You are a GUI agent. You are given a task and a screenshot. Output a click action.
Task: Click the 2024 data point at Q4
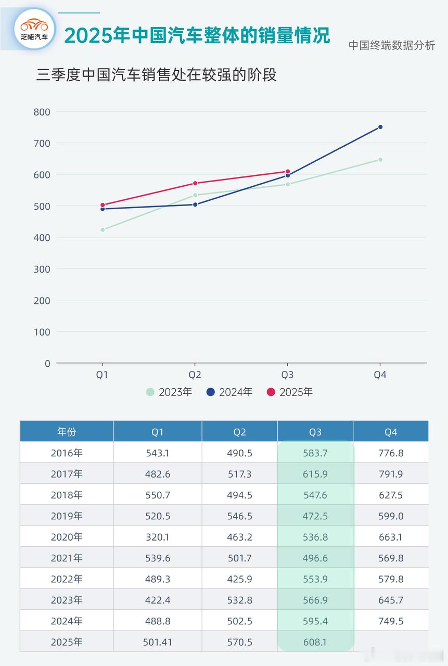[x=380, y=127]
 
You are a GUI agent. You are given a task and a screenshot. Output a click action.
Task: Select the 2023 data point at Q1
[x=103, y=229]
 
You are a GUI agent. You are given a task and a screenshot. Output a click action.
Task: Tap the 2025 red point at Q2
[x=195, y=183]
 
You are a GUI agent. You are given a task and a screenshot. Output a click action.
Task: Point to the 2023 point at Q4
[x=380, y=160]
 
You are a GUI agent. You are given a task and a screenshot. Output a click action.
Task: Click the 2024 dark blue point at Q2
[x=195, y=204]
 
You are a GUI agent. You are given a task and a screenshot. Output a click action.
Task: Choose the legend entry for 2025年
[x=290, y=392]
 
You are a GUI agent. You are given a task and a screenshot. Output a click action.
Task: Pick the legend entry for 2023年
[x=169, y=392]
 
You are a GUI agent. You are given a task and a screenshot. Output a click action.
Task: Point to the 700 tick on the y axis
[x=42, y=143]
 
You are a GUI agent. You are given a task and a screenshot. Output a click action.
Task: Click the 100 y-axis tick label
[x=42, y=332]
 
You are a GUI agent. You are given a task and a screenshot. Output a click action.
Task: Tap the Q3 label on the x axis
[x=287, y=375]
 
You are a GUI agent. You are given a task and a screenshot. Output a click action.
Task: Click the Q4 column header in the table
[x=391, y=432]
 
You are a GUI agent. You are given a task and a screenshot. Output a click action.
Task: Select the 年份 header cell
[x=67, y=432]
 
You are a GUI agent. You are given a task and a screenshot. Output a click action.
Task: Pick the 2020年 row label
[x=67, y=537]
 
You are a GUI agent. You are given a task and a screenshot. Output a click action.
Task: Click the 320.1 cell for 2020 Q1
[x=158, y=537]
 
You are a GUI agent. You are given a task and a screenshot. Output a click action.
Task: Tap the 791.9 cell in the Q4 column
[x=391, y=474]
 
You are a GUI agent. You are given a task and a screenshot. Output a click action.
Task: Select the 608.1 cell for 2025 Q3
[x=315, y=642]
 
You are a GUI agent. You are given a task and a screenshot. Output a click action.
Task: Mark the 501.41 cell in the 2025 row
[x=158, y=642]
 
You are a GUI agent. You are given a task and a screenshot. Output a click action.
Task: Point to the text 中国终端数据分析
[x=391, y=45]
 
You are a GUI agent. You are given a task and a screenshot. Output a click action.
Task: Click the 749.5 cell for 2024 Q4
[x=391, y=621]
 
